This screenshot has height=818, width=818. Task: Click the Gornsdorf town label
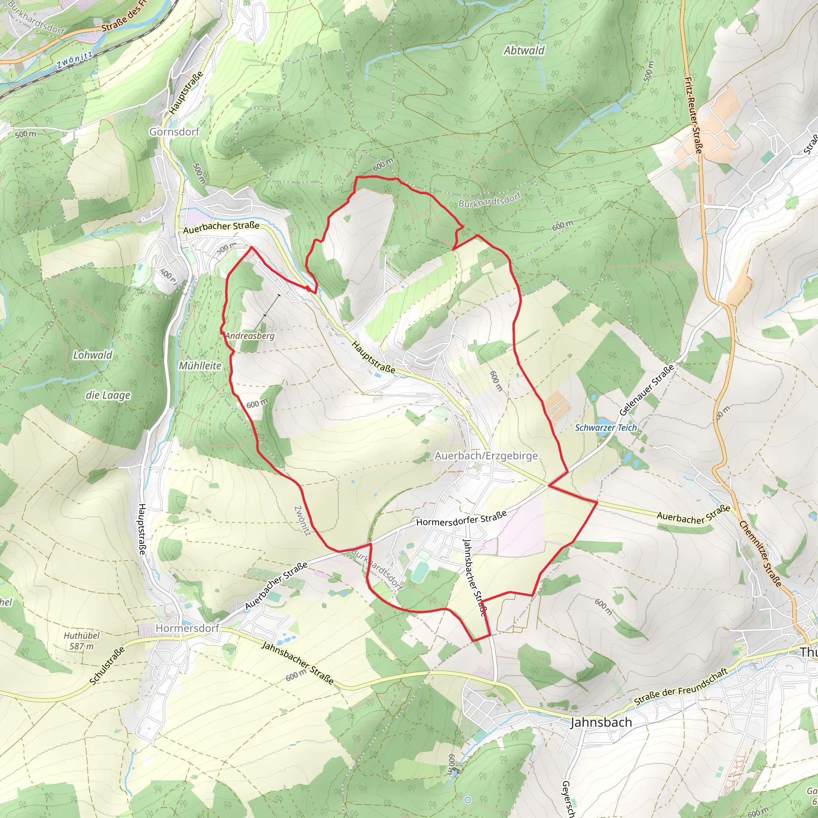coord(174,132)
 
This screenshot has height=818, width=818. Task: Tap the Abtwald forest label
coord(524,50)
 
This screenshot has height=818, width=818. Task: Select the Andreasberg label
coord(250,336)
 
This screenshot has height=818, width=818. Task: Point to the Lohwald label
coord(93,355)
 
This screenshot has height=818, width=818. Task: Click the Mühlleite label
coord(200,365)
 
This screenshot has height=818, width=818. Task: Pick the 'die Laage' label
coord(108,395)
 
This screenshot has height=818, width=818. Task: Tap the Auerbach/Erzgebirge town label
coord(486,456)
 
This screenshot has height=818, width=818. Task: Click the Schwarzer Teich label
coord(606,428)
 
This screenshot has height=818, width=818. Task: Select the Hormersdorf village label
coord(187,628)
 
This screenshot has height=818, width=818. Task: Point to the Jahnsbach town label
coord(601,722)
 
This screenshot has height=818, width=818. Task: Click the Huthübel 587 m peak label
coord(82,641)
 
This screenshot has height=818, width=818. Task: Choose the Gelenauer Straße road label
coord(646,390)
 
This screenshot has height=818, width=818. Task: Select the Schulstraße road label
coord(107,665)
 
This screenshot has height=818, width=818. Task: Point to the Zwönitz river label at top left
coord(75,61)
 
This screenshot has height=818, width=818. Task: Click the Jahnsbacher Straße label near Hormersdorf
coord(298,663)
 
